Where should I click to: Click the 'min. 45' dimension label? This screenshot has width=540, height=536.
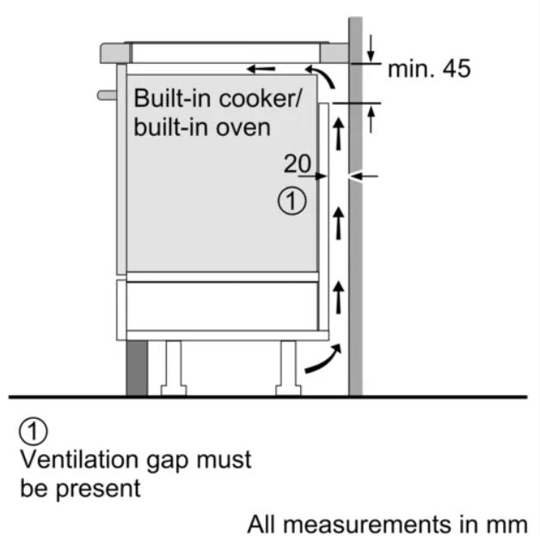pyautogui.click(x=429, y=69)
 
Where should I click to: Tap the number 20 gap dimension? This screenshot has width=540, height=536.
pyautogui.click(x=296, y=163)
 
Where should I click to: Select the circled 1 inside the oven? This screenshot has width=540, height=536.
pyautogui.click(x=291, y=202)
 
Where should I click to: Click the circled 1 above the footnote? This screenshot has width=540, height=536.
pyautogui.click(x=34, y=429)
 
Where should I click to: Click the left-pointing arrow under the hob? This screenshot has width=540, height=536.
pyautogui.click(x=261, y=68)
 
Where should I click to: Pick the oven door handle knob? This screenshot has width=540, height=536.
pyautogui.click(x=106, y=94)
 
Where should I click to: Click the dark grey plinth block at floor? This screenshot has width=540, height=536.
pyautogui.click(x=137, y=368)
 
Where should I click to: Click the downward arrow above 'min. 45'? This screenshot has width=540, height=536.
pyautogui.click(x=371, y=44)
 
